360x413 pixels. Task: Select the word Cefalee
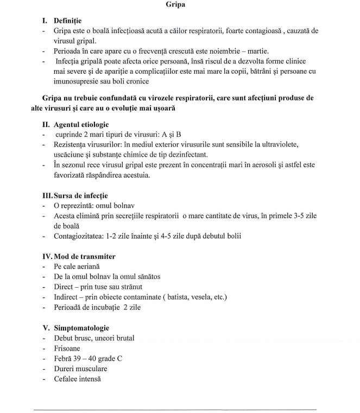click(67, 379)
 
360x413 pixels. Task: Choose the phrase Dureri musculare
click(80, 369)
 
